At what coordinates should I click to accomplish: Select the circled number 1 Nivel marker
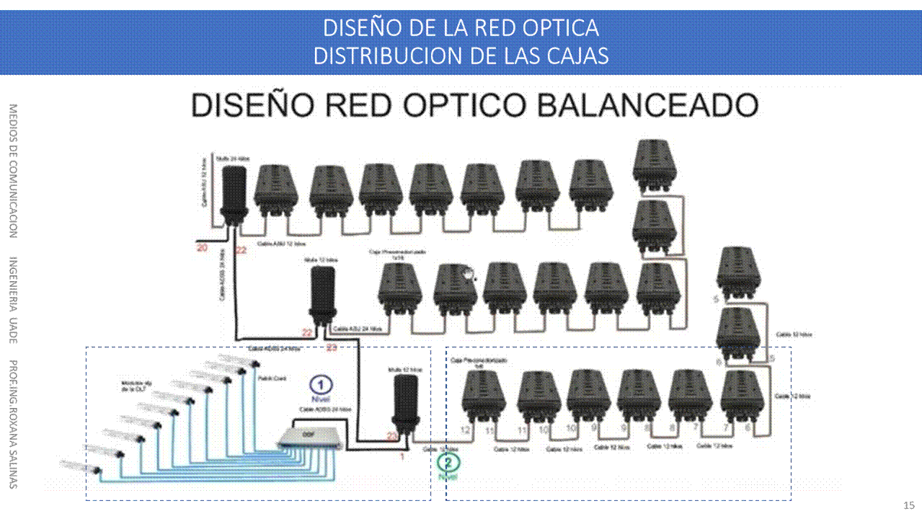[322, 385]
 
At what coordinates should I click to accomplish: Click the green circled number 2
[448, 463]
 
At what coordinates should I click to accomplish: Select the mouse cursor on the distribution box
[469, 274]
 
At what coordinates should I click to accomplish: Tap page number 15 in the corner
[909, 504]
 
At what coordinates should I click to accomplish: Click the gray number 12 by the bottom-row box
[466, 430]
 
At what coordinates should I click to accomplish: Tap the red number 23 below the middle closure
[332, 347]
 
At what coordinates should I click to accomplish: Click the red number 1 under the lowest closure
[402, 456]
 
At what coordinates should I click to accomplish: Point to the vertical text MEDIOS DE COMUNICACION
[13, 171]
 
